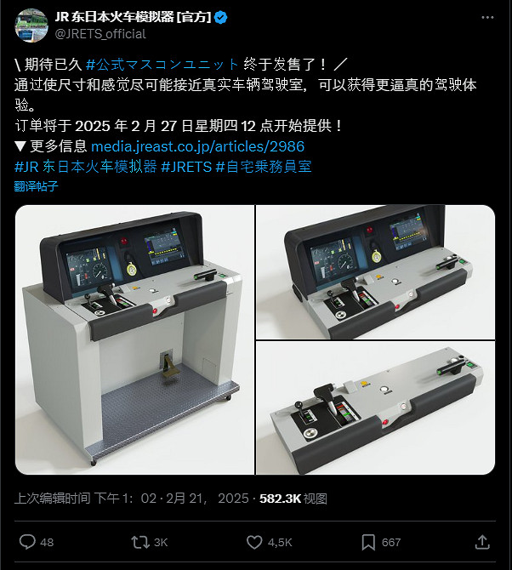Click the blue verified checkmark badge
click(x=221, y=18)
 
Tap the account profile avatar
click(x=31, y=26)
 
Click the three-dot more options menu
click(x=487, y=18)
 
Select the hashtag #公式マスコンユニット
click(x=162, y=65)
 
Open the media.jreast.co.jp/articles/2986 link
click(x=197, y=146)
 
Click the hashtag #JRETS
click(x=186, y=167)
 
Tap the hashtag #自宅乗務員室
click(x=264, y=167)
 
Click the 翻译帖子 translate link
click(x=36, y=186)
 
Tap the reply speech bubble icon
click(x=27, y=542)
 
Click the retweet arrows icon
click(x=140, y=542)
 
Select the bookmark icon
click(x=368, y=543)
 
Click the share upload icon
click(x=482, y=542)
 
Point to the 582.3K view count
click(x=280, y=499)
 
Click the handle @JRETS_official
click(x=100, y=34)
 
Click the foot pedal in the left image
click(x=168, y=365)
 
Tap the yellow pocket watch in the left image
click(x=132, y=268)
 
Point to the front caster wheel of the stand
click(x=94, y=462)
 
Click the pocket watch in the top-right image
click(x=377, y=255)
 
